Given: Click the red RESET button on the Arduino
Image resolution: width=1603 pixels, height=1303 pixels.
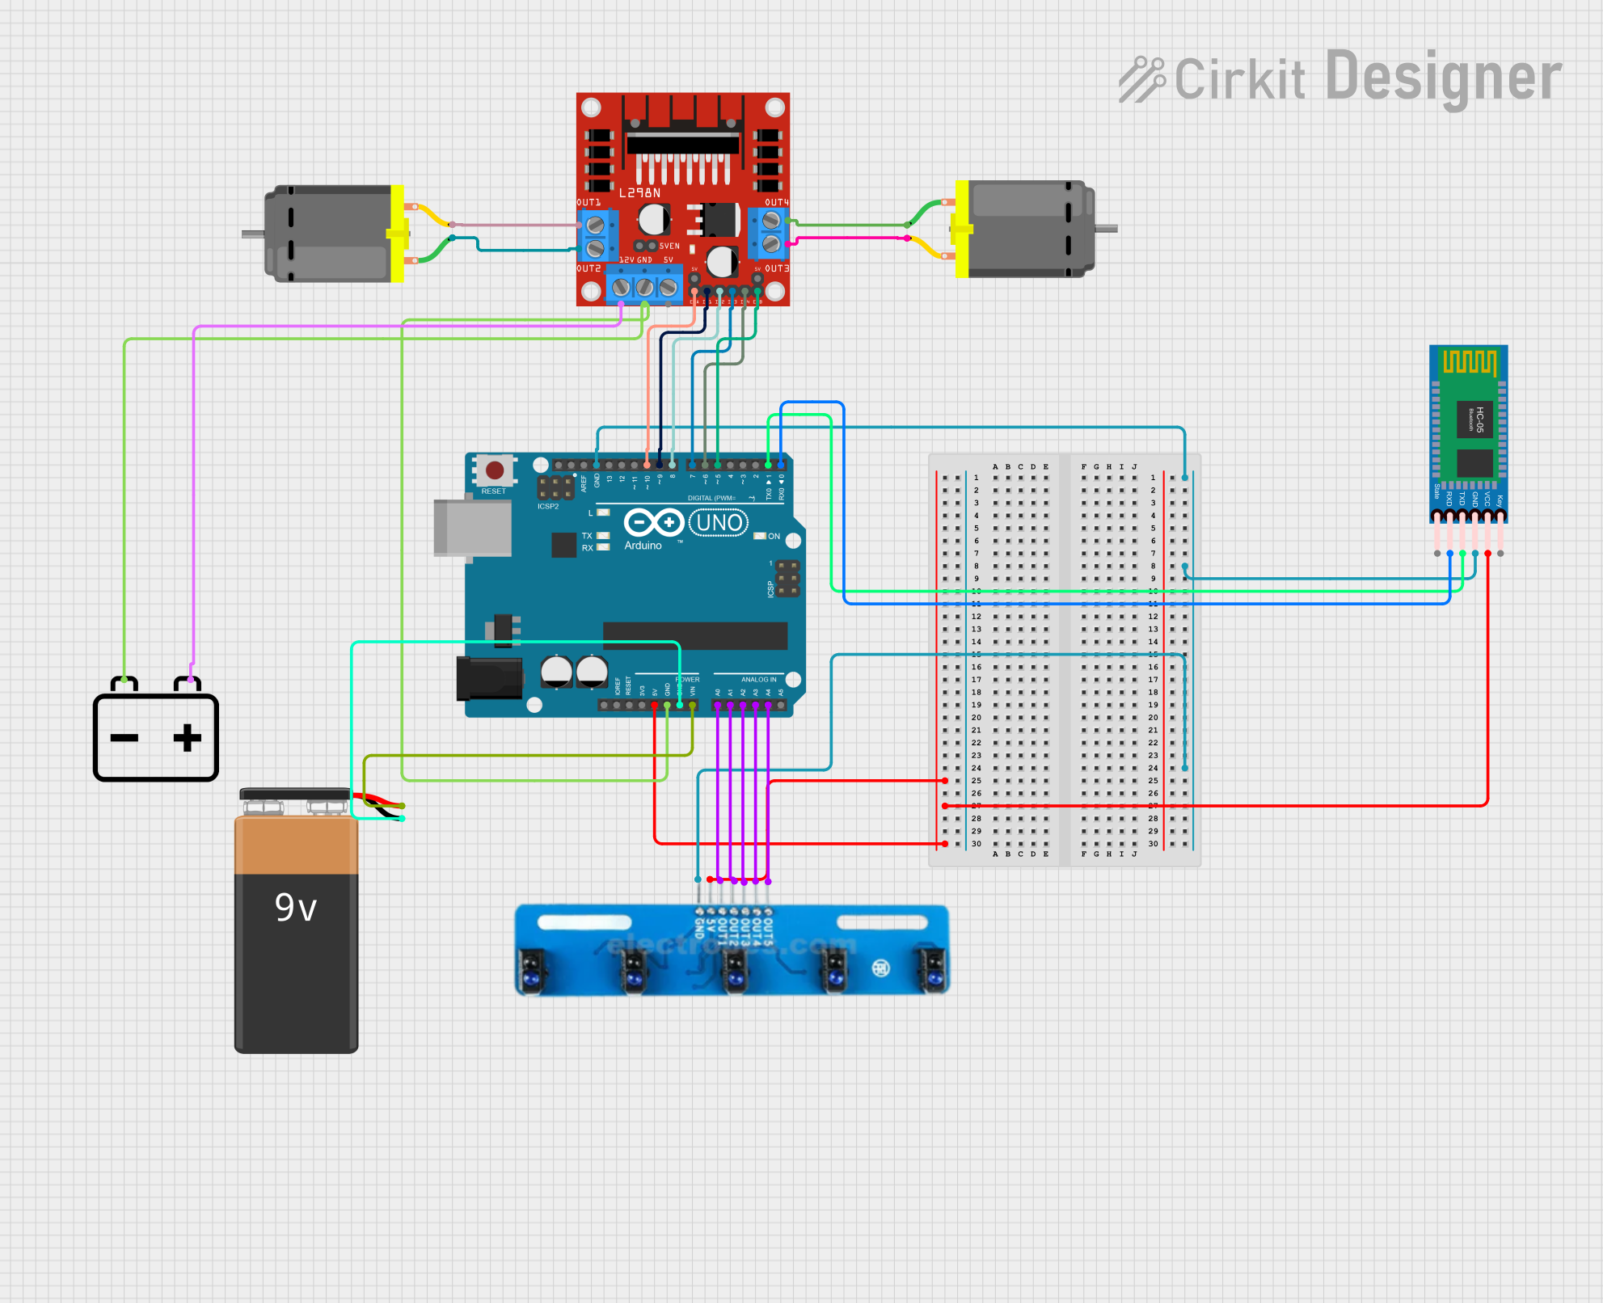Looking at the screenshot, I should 495,470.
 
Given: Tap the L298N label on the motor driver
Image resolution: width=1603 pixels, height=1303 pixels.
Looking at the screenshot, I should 639,193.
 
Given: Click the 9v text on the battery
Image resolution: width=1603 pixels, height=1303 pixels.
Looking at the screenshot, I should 295,908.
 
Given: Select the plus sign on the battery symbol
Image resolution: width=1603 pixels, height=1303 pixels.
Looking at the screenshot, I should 187,738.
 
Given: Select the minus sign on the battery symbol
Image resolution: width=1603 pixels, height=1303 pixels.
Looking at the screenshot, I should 124,738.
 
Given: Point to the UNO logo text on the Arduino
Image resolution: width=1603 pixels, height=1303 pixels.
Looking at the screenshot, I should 719,523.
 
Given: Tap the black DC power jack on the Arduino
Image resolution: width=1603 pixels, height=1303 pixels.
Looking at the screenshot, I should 489,678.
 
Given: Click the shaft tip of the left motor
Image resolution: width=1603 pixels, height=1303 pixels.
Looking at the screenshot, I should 246,234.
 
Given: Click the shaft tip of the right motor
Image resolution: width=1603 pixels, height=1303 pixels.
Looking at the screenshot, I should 1112,229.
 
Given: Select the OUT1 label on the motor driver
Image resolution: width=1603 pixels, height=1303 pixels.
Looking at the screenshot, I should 588,203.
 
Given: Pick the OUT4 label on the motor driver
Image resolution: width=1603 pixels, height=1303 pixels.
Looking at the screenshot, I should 777,203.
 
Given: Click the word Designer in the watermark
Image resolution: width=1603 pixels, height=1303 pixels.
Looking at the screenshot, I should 1444,78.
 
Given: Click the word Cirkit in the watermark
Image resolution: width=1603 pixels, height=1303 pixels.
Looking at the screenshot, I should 1239,80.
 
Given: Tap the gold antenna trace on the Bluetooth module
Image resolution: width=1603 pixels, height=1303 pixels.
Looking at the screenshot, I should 1469,361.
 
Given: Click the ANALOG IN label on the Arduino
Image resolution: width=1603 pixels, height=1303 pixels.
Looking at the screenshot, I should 758,680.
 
